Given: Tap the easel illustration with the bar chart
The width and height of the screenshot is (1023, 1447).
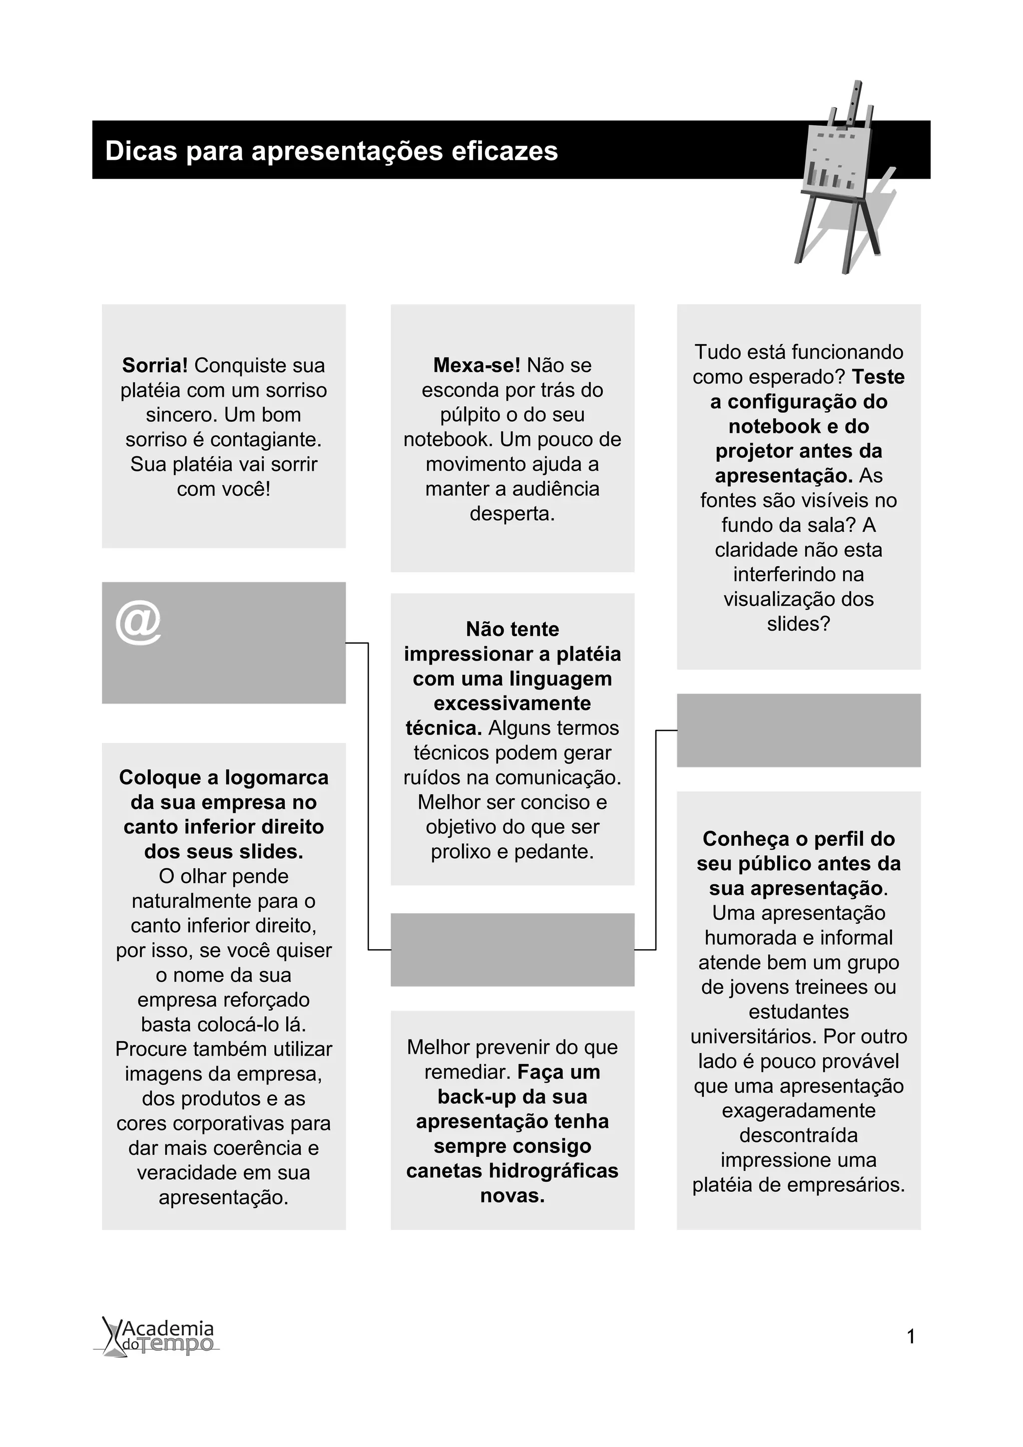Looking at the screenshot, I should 843,180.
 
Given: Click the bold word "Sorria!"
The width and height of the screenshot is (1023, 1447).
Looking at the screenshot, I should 155,365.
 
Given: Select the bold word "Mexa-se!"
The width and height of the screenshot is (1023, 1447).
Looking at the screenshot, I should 477,365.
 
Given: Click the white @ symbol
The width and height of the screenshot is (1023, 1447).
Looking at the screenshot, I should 139,623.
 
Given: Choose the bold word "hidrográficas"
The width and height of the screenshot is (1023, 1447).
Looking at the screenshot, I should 553,1171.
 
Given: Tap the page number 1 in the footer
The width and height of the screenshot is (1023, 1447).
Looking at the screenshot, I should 911,1337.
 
